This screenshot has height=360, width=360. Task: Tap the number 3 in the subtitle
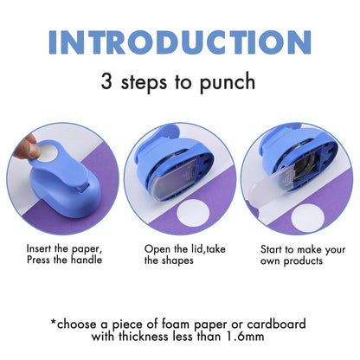pyautogui.click(x=107, y=82)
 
